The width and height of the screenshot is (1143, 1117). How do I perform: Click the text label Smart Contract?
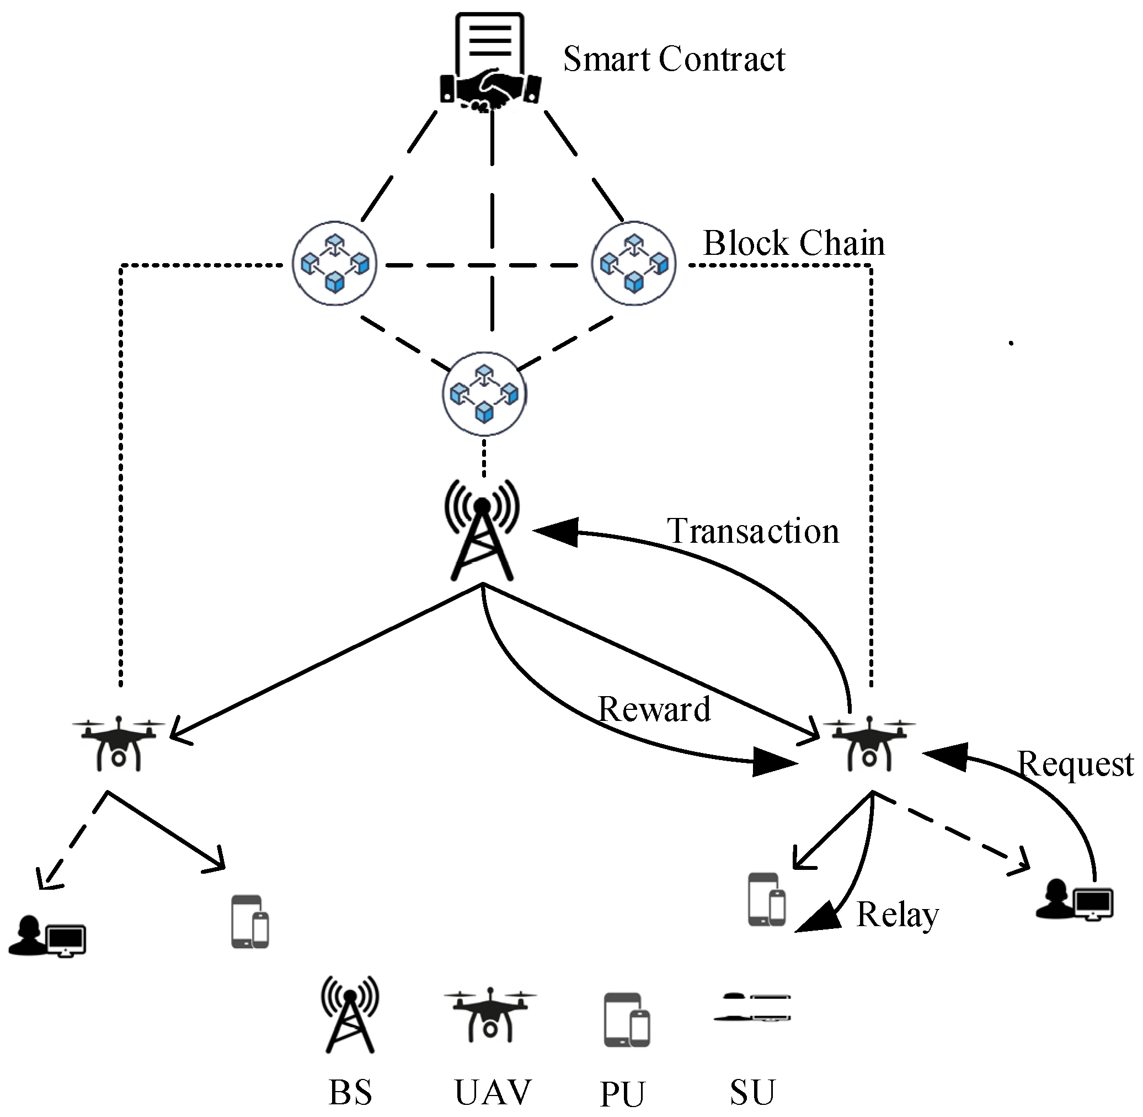click(674, 59)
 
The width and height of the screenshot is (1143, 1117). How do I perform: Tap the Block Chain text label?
click(793, 243)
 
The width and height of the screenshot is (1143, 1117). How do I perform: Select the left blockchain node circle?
click(334, 264)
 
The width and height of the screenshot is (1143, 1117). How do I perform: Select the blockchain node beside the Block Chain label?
click(634, 264)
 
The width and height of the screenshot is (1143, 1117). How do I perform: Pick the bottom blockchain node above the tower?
click(484, 394)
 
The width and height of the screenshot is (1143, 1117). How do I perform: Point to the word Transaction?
click(753, 532)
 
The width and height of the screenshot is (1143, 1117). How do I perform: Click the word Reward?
click(654, 709)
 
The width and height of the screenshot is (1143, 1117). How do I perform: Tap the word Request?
click(1075, 765)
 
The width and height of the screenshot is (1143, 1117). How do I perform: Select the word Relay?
click(897, 915)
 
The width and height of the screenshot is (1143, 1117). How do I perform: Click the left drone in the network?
click(119, 742)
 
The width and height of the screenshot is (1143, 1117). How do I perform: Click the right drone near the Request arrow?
click(869, 742)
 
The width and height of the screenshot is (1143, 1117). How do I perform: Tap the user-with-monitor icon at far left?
click(47, 936)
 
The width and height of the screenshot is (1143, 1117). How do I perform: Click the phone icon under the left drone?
click(250, 921)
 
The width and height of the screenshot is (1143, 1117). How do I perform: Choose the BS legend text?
click(350, 1092)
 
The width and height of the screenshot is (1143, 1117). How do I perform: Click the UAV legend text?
click(493, 1092)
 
